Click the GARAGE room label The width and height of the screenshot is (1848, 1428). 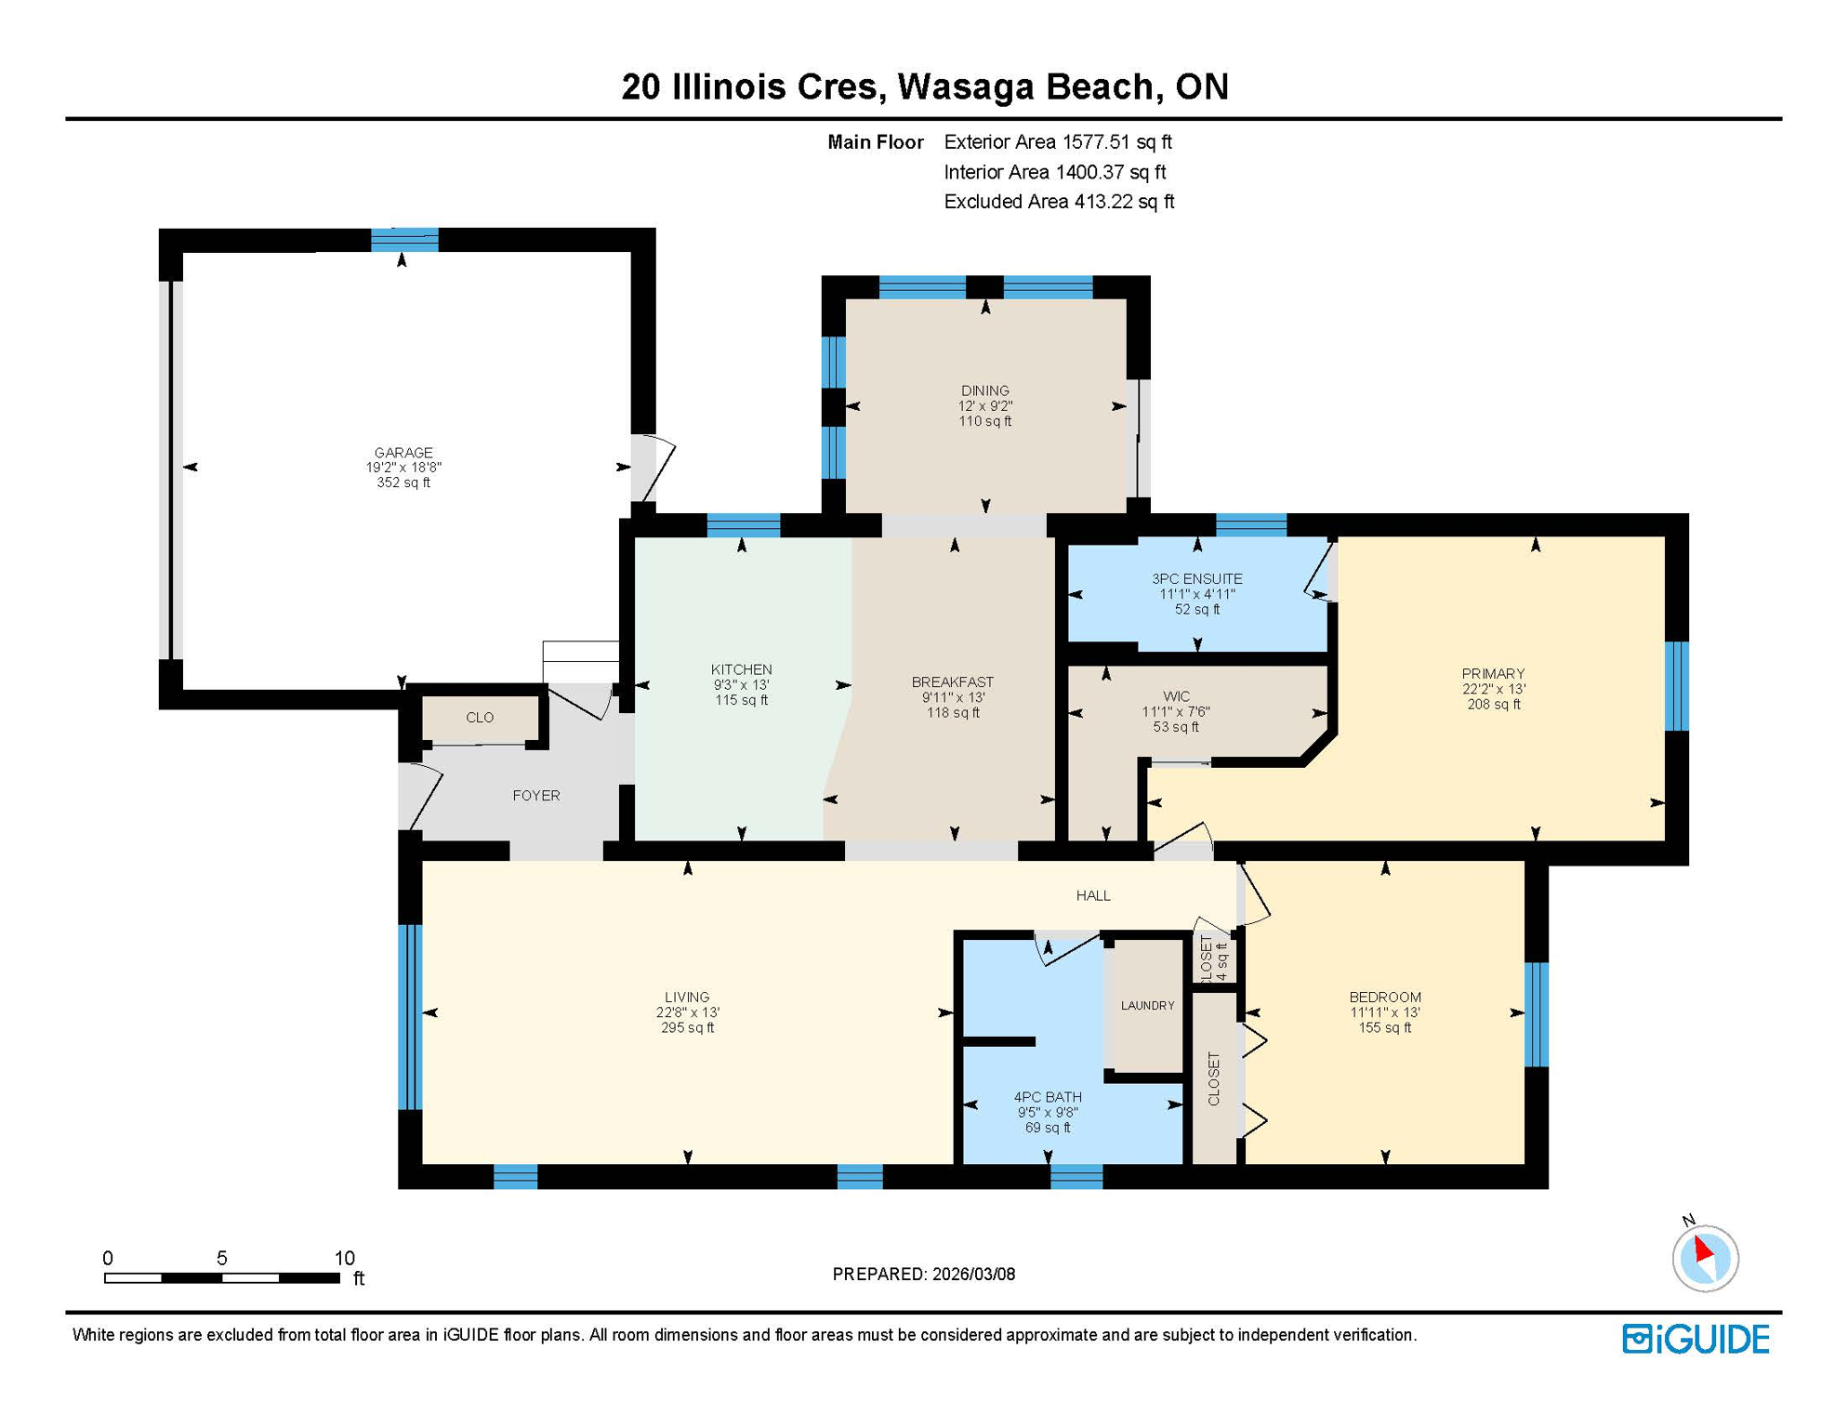[x=403, y=453]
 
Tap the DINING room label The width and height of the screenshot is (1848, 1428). [x=984, y=391]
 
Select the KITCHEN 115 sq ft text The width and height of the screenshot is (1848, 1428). [x=741, y=700]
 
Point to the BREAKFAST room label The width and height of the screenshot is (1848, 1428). [x=952, y=682]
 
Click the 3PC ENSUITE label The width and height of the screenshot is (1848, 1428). [x=1196, y=579]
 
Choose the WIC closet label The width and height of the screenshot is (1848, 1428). [x=1176, y=696]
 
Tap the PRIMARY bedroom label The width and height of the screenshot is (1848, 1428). [x=1492, y=674]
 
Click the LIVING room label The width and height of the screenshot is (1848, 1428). [x=687, y=997]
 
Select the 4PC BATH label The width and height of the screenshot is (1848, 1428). [x=1047, y=1097]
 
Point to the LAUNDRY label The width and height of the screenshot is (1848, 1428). [x=1147, y=1005]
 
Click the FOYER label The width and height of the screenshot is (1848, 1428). [x=536, y=796]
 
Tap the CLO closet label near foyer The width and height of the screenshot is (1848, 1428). [x=480, y=718]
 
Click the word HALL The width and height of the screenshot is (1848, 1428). [x=1093, y=895]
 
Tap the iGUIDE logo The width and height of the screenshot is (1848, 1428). [x=1696, y=1339]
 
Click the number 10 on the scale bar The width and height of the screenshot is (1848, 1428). [x=344, y=1258]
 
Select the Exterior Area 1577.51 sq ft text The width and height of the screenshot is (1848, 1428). [x=1057, y=142]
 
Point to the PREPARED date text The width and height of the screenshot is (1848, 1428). [x=923, y=1274]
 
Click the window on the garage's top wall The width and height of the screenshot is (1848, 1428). [x=404, y=240]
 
